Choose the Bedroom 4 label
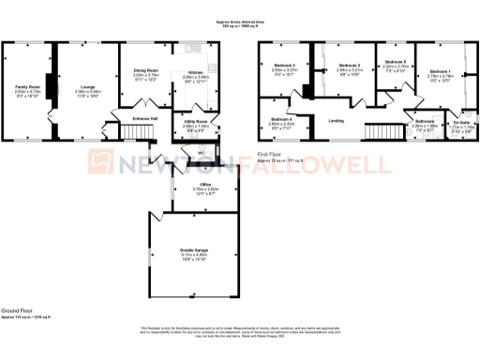(x=282, y=119)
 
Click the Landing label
(x=336, y=119)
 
